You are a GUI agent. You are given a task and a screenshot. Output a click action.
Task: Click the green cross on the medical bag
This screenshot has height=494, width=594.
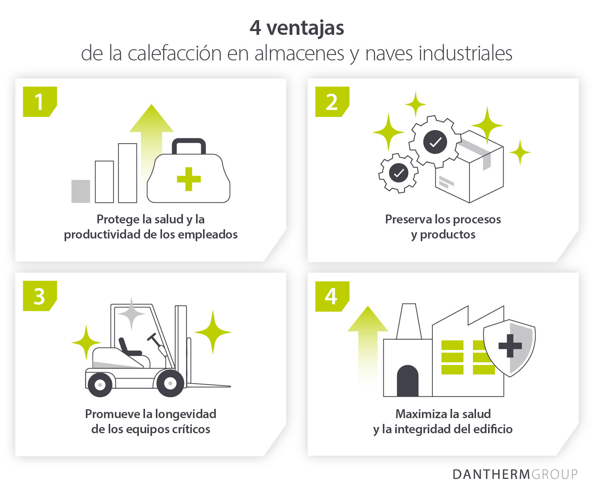tap(189, 179)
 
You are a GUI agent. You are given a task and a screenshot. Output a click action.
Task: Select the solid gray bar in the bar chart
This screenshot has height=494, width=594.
tap(81, 191)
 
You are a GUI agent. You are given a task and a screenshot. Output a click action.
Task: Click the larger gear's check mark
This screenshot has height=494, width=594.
tap(435, 142)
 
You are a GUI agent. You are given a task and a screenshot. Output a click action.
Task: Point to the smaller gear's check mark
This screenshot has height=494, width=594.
tap(398, 173)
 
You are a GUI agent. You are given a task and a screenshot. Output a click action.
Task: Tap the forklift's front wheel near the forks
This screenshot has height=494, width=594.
tap(170, 383)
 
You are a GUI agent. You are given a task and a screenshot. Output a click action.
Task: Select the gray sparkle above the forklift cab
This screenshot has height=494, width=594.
tap(131, 314)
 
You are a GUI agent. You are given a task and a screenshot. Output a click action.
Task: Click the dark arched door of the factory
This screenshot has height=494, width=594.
tap(408, 381)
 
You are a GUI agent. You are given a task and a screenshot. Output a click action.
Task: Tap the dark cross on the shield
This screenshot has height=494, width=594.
tap(510, 346)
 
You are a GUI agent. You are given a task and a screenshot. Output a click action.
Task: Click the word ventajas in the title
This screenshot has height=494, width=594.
tap(305, 28)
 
